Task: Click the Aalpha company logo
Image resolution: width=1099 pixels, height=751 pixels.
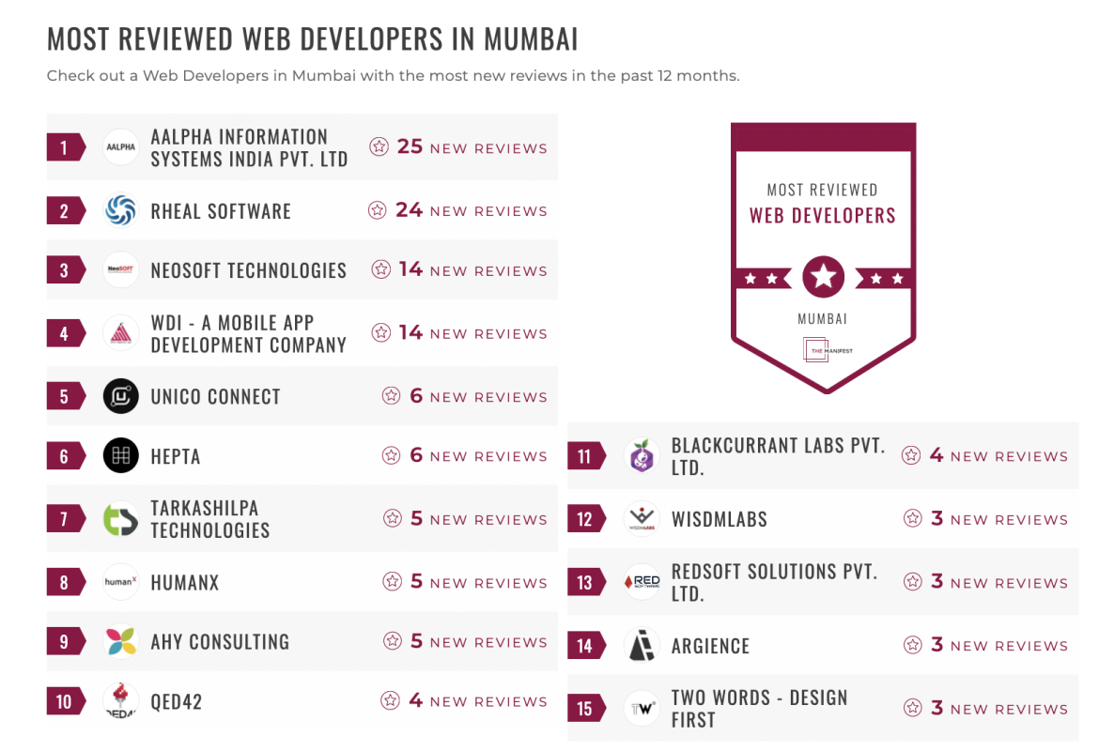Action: [121, 147]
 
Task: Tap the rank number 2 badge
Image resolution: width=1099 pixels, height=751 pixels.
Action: [64, 210]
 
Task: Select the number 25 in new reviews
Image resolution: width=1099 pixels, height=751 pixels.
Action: [410, 146]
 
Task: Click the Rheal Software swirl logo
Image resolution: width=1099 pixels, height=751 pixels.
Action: [121, 210]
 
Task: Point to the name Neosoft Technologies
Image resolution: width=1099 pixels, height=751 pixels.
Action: [249, 270]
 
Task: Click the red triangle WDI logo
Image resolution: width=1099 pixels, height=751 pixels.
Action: [121, 333]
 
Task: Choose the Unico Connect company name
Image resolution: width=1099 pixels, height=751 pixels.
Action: [216, 396]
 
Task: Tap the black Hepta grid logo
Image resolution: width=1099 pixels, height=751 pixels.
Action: [121, 455]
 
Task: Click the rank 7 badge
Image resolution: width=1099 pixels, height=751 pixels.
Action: [64, 519]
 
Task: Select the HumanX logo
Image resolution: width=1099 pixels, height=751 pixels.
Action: [121, 582]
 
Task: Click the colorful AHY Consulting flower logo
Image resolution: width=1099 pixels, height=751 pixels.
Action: [121, 642]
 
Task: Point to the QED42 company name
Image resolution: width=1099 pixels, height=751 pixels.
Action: [177, 701]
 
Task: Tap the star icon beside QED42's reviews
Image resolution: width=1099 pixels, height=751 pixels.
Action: [390, 700]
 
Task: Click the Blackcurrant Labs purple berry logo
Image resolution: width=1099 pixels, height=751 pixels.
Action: [642, 456]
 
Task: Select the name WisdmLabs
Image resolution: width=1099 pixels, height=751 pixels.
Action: [720, 519]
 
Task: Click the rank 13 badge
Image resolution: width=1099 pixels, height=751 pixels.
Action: [584, 582]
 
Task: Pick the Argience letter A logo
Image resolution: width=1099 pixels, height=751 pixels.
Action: [642, 645]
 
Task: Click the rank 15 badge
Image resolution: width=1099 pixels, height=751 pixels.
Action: [584, 709]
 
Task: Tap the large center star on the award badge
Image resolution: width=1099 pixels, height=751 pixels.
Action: [824, 276]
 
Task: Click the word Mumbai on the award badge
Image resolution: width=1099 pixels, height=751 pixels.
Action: [823, 319]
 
